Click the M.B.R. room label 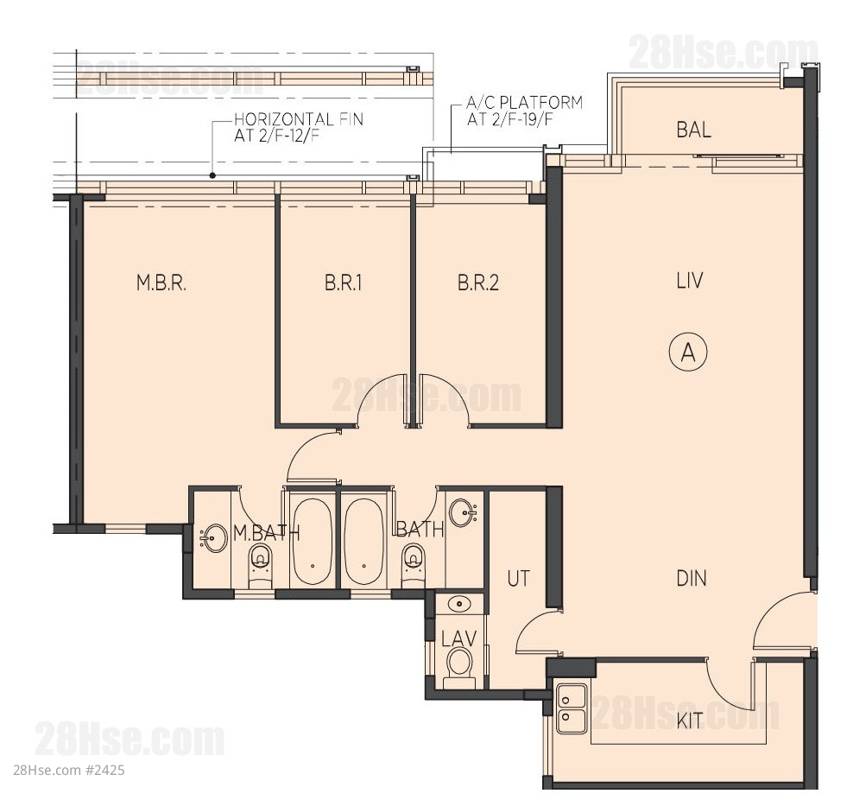point(161,283)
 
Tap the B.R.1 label point(344,283)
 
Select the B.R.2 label point(478,283)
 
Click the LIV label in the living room point(690,281)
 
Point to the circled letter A point(688,352)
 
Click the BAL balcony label point(693,130)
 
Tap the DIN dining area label point(692,578)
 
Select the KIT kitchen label point(689,721)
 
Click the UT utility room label point(518,579)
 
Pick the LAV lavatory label point(459,638)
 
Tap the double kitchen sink point(572,709)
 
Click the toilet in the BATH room point(414,566)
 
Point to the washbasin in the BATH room point(464,512)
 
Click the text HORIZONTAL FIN point(299,119)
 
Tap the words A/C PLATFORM point(524,102)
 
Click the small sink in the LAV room point(460,604)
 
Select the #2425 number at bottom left point(105,770)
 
